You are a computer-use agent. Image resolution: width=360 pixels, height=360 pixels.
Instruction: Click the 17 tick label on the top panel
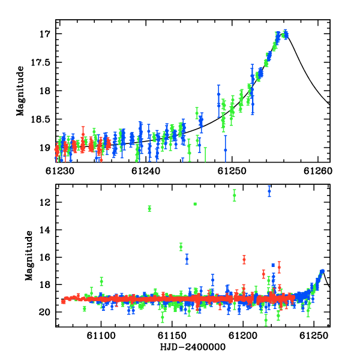44,34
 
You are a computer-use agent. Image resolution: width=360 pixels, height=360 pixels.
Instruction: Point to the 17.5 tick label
40,62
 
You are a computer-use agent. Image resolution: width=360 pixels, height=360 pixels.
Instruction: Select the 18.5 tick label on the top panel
40,119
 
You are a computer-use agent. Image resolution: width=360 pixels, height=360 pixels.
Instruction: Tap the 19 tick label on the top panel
44,148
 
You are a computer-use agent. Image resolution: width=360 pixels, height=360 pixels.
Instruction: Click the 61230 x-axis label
60,171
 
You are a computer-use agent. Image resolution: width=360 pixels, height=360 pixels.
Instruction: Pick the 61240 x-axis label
146,171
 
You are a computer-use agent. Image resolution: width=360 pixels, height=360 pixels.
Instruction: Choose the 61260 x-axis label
318,171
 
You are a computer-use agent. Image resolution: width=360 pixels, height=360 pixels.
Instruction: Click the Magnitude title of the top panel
20,91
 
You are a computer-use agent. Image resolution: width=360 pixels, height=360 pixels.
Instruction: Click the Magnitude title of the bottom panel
29,256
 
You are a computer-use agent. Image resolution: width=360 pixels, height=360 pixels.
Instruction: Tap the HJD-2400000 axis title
193,347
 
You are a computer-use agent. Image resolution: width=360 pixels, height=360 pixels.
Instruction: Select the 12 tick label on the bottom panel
44,202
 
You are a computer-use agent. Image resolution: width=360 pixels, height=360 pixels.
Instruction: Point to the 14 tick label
44,230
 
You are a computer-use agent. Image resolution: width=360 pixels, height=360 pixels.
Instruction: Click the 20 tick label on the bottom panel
44,312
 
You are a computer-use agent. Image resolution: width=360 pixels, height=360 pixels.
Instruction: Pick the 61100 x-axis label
101,336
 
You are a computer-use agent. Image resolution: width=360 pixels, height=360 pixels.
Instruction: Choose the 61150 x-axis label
172,336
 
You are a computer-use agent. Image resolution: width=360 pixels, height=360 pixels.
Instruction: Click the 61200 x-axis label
243,336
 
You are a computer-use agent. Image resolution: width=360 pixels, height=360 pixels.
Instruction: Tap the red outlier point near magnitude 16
244,260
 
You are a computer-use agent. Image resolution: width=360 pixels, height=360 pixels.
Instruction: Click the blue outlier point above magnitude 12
269,191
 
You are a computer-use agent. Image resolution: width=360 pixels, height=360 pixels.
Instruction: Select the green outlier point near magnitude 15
181,247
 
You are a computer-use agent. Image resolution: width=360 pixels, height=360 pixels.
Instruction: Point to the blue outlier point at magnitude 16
187,259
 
